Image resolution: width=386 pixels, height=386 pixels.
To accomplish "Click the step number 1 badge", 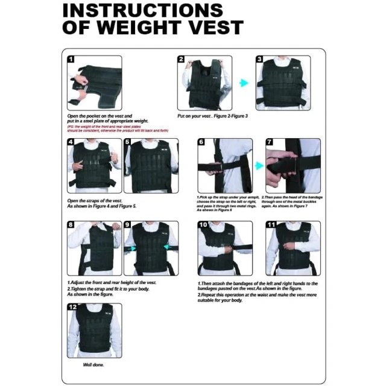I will tap(71, 59).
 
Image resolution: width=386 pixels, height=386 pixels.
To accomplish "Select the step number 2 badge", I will tap(181, 59).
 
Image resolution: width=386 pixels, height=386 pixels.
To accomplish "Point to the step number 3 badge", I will tap(259, 59).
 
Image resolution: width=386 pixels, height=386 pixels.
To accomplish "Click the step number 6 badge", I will tap(201, 142).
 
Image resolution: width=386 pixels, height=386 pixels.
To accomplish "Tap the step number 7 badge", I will tap(270, 142).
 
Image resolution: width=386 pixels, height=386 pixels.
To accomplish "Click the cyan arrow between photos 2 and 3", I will tap(244, 83).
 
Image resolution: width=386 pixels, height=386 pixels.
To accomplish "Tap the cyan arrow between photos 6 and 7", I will tap(259, 165).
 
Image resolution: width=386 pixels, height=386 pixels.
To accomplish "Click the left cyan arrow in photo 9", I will tap(131, 248).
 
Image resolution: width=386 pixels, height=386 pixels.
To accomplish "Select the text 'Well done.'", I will tap(94, 365).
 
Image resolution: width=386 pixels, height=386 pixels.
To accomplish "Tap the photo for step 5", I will tap(151, 166).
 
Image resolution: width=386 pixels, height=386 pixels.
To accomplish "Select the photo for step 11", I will tap(293, 248).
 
